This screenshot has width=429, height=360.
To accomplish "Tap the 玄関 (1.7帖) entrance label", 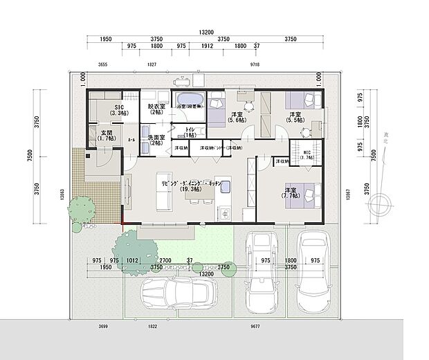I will coord(106,135).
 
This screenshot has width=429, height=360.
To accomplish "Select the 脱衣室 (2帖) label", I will coord(155,109).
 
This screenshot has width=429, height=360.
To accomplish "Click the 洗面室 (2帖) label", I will coord(156,141).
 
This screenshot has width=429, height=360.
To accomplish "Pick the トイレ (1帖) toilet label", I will coord(189,132).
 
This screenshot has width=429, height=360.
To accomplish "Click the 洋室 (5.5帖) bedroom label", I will coord(295,117).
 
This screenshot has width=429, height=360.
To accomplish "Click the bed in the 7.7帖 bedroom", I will coord(307,195).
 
